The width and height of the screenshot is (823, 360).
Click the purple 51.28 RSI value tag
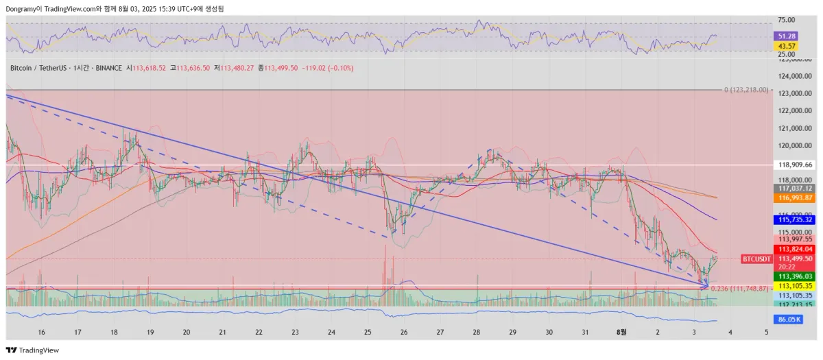(x=785, y=36)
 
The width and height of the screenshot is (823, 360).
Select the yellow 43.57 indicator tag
(x=785, y=45)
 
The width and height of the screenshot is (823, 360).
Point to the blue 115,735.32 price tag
(x=794, y=219)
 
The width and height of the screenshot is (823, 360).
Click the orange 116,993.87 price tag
(x=794, y=197)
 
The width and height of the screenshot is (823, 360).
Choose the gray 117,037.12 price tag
(x=794, y=188)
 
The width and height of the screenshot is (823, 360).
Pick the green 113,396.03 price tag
(x=794, y=276)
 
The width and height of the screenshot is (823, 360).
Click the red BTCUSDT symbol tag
(x=756, y=259)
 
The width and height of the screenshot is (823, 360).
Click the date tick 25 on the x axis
(x=368, y=332)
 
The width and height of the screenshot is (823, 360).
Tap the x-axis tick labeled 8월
(x=621, y=332)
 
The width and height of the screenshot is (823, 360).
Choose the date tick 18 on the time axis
(x=114, y=332)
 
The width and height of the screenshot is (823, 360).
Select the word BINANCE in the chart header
(x=109, y=68)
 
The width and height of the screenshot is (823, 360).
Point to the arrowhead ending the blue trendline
(x=706, y=284)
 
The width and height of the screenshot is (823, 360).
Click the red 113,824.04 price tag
(x=794, y=249)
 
